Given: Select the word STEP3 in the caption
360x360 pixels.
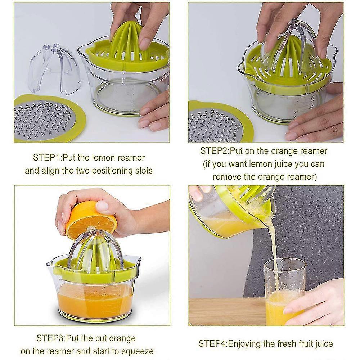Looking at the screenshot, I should click(50, 338).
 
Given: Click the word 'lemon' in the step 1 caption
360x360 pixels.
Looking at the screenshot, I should click(101, 158).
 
